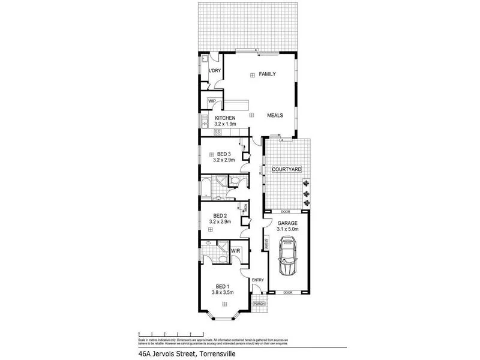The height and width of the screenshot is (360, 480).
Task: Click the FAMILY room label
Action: tap(266, 74)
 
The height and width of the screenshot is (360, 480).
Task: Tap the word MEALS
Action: tap(275, 114)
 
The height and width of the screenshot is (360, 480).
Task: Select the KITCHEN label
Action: tap(226, 118)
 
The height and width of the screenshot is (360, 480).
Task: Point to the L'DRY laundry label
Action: tap(214, 71)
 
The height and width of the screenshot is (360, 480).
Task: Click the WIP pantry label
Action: tap(212, 101)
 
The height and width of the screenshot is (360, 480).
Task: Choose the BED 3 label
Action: tap(224, 154)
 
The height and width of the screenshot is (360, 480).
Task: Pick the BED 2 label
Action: tap(220, 215)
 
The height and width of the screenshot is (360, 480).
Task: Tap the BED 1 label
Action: tap(221, 286)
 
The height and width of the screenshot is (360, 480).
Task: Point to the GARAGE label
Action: tap(287, 222)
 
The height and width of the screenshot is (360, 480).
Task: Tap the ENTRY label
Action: tap(258, 280)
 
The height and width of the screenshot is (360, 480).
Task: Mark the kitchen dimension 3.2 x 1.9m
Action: tap(226, 124)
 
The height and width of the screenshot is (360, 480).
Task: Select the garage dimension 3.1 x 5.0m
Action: tap(287, 228)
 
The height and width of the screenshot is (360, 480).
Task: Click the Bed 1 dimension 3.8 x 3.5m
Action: tap(221, 292)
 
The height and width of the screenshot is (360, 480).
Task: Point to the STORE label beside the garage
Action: tap(265, 244)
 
